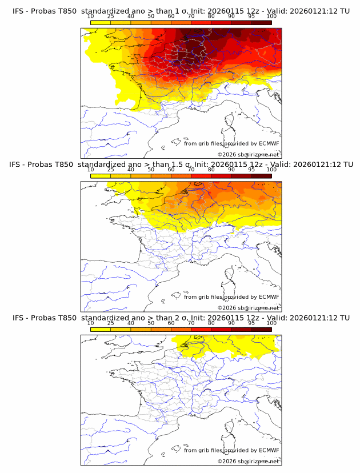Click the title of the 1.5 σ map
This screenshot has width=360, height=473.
[181, 165]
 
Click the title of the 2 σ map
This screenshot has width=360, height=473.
[181, 318]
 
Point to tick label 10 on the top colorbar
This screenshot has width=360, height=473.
[91, 16]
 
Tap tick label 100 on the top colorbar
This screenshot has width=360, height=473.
[271, 16]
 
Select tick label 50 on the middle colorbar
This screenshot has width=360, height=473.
[151, 170]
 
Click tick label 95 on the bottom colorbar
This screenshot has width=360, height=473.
[251, 323]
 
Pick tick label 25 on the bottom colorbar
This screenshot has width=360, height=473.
[111, 323]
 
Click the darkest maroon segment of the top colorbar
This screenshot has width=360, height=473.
[261, 22]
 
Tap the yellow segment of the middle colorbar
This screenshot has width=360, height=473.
[101, 176]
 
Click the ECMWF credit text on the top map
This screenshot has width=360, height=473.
[231, 143]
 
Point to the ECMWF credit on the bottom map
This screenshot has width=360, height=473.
[231, 450]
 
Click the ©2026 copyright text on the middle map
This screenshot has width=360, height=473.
[248, 308]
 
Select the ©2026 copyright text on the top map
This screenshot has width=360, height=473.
[248, 155]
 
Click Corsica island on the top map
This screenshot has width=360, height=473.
[230, 122]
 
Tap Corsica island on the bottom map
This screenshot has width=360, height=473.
[230, 428]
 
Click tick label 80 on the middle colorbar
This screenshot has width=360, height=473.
[211, 170]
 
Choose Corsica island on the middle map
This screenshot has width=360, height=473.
[230, 275]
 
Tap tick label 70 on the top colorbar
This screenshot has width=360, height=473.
[191, 16]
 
